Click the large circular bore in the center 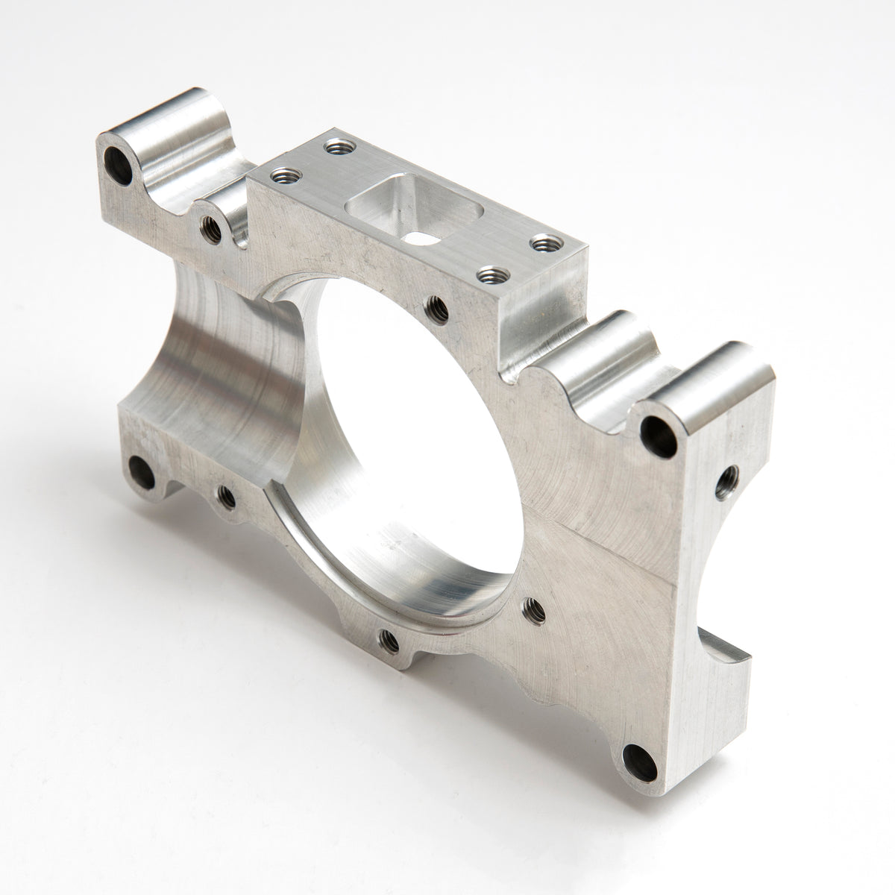[x=403, y=418]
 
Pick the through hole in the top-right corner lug [x=658, y=432]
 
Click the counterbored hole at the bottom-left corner [x=140, y=470]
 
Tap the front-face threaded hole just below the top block [x=435, y=306]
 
